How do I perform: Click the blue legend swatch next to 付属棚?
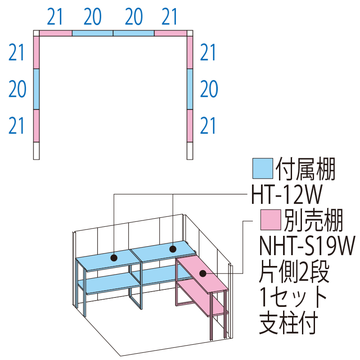click(263, 168)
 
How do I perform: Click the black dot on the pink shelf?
click(202, 273)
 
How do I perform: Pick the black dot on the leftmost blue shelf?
click(114, 258)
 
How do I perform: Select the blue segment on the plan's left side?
click(36, 89)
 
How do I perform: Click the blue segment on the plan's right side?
click(189, 89)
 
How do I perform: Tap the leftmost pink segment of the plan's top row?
click(56, 33)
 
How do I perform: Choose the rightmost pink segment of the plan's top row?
click(171, 33)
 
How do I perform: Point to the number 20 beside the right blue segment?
click(208, 90)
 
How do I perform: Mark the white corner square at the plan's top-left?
click(36, 33)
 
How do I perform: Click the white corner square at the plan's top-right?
click(189, 33)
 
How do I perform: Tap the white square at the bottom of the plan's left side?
click(36, 151)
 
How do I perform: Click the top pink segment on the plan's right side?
click(189, 52)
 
